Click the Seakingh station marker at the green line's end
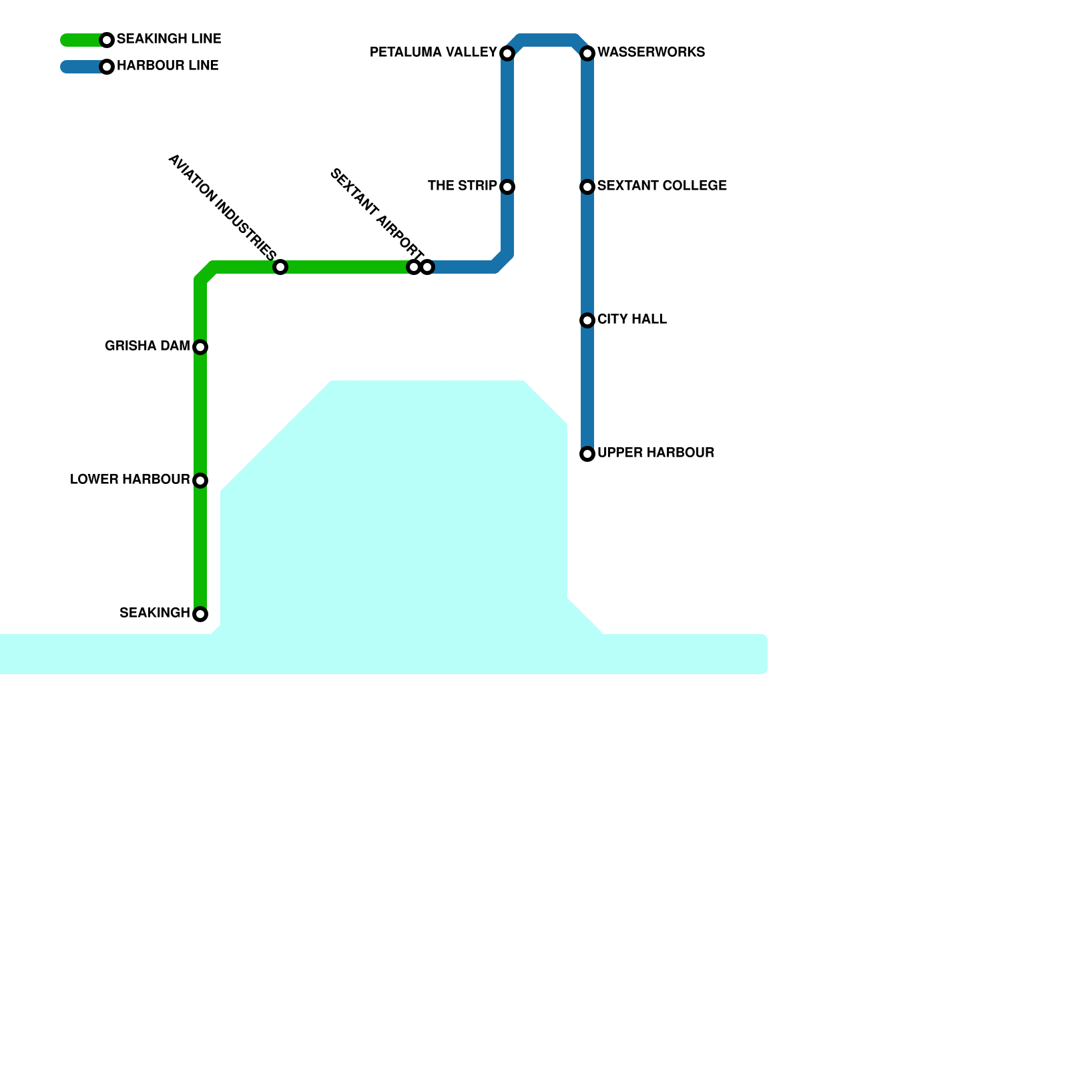click(200, 614)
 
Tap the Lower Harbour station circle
click(200, 481)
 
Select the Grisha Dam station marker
click(200, 347)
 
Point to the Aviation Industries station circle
click(280, 267)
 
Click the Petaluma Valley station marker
click(507, 53)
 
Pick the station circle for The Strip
click(507, 187)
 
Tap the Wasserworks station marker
click(587, 53)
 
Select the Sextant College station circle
click(587, 187)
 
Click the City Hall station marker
click(587, 320)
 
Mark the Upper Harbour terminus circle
click(587, 454)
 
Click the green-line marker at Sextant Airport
click(414, 267)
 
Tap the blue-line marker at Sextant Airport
click(428, 267)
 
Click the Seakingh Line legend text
click(169, 39)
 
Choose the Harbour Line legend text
click(168, 65)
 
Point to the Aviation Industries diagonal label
click(222, 207)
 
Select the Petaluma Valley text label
click(433, 52)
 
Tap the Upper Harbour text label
click(655, 453)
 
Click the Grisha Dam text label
click(147, 346)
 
